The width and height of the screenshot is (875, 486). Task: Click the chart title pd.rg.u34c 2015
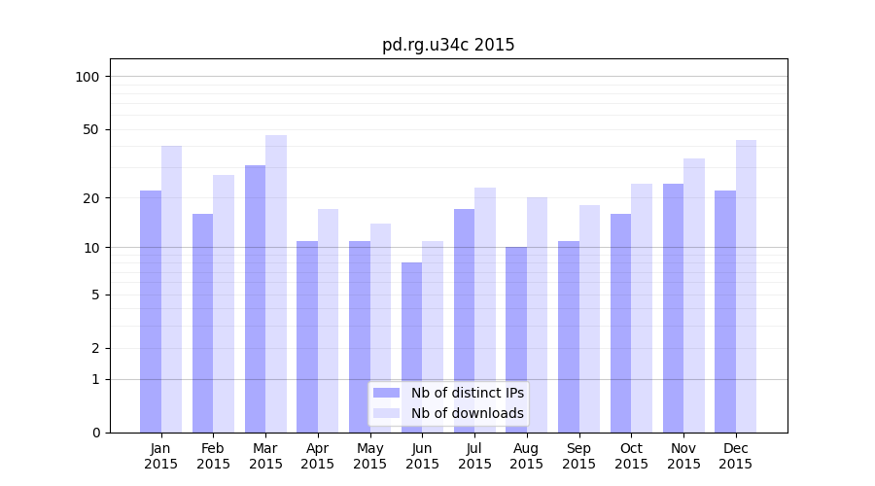[448, 45]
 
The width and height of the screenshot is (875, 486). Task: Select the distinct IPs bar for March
[255, 298]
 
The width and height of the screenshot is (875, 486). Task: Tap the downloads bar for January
[171, 289]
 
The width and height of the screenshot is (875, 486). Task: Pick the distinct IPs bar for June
[411, 347]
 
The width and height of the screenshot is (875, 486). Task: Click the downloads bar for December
[746, 286]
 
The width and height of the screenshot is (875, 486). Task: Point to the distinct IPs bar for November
[673, 308]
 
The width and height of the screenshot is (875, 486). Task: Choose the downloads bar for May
[380, 328]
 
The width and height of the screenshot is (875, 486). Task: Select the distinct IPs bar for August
[516, 339]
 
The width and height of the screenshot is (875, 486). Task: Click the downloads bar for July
[485, 310]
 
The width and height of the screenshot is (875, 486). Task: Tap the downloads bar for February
[224, 303]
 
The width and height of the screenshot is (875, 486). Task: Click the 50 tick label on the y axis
[90, 129]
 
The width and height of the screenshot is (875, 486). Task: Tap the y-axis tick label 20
[90, 198]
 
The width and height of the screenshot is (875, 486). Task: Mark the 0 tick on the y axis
[94, 433]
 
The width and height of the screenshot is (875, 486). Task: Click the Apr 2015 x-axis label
[318, 456]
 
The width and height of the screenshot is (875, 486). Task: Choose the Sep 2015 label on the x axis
[578, 456]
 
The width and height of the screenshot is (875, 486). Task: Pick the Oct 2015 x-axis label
[631, 456]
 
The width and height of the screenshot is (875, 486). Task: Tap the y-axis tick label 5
[94, 295]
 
